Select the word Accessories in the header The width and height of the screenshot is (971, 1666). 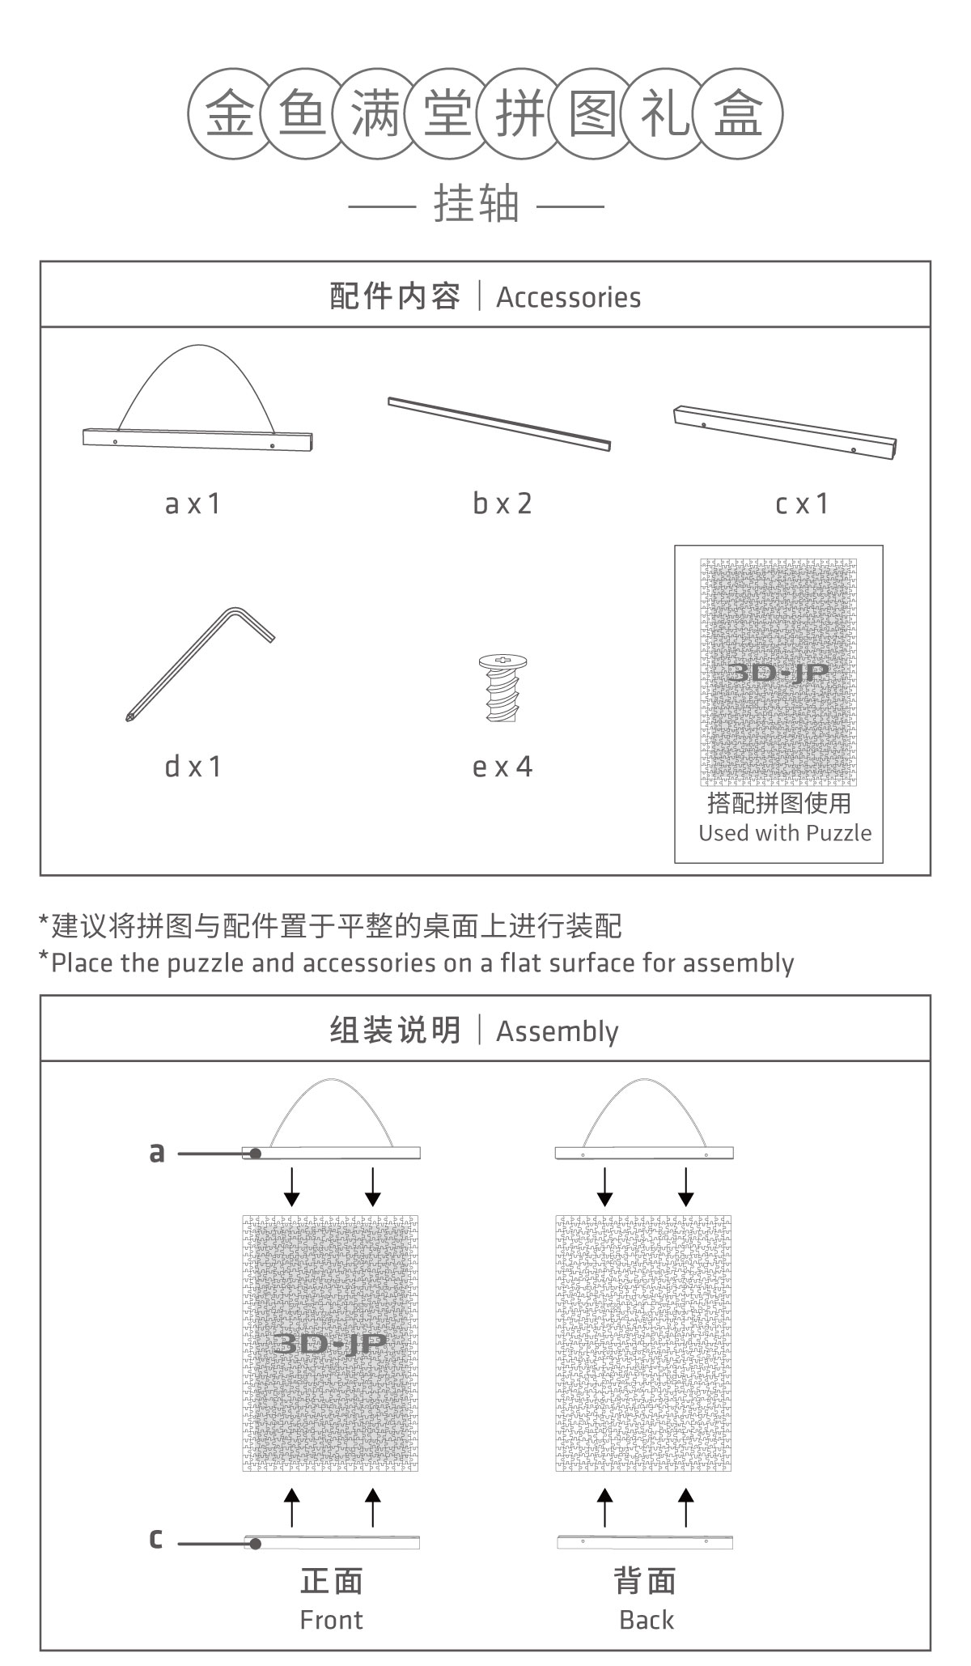point(568,297)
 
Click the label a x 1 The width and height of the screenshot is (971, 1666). point(193,504)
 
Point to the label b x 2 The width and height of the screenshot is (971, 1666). point(502,504)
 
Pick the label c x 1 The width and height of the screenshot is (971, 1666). point(802,504)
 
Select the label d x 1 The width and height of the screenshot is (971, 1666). point(193,766)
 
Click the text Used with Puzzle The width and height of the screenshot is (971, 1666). point(785,833)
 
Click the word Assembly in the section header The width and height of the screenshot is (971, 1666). point(557,1031)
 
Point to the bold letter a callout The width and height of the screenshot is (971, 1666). point(157,1152)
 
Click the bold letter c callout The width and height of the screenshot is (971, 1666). point(156,1537)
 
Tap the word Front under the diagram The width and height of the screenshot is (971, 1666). point(331,1620)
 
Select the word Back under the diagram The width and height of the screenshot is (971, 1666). point(646,1620)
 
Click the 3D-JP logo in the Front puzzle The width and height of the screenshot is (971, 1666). point(330,1343)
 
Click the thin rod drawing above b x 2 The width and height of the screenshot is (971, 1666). point(499,423)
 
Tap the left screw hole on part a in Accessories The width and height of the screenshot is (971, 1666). point(115,442)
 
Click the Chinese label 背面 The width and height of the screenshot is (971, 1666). point(645,1581)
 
